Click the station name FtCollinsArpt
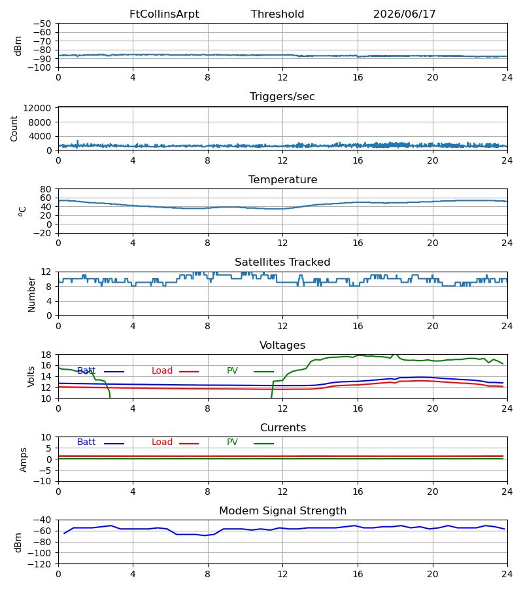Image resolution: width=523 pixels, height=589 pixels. point(164,14)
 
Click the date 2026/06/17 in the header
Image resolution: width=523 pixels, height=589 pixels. point(405,14)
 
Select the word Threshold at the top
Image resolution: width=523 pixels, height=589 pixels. point(278,14)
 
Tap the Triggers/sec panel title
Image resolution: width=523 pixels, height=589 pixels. point(282,97)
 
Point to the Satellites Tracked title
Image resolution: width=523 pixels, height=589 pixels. point(282,262)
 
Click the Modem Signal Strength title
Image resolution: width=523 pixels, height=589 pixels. point(282,511)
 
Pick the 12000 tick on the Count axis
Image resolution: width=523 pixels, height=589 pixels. point(37,108)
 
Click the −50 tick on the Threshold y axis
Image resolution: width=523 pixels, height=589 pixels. point(42,24)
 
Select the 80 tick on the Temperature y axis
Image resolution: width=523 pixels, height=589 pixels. point(46,189)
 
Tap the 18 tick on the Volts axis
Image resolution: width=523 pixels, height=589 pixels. point(46,355)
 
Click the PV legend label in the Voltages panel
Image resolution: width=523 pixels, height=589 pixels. point(232,371)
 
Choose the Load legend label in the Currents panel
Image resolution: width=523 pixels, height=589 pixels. point(162,442)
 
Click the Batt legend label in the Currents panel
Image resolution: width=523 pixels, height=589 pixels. point(86,442)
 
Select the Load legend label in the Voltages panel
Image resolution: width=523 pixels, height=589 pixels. point(162,371)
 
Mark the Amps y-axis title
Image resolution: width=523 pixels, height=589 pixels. point(24,459)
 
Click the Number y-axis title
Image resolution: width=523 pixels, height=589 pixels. point(31,294)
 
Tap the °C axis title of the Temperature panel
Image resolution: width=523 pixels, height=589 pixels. point(22,211)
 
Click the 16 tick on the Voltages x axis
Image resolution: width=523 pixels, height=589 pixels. point(358,408)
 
